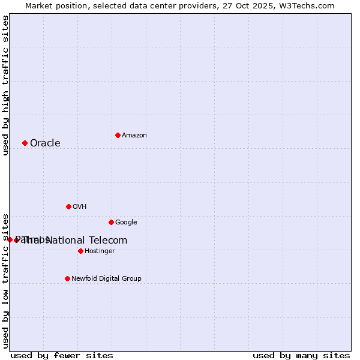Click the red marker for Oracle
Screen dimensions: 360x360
(x=25, y=143)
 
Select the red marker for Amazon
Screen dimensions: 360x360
(x=118, y=135)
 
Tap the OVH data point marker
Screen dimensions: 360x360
(x=68, y=206)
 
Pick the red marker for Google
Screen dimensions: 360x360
(x=111, y=222)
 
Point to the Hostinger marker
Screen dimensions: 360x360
(x=80, y=251)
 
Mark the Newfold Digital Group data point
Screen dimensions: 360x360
(x=67, y=278)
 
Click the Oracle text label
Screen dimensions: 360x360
(x=45, y=143)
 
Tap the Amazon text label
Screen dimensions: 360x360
(x=134, y=135)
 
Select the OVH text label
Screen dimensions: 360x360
(x=80, y=206)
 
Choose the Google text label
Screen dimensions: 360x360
(x=126, y=222)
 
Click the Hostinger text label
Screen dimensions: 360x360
(x=100, y=251)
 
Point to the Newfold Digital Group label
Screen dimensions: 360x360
(x=106, y=278)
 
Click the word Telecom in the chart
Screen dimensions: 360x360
(x=108, y=240)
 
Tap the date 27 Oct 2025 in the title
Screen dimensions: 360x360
(x=247, y=5)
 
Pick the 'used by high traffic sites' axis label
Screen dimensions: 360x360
(x=5, y=85)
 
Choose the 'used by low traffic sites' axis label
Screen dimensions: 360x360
(x=5, y=280)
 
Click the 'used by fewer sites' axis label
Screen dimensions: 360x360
(x=62, y=356)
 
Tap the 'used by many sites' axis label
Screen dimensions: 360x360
(x=301, y=356)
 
